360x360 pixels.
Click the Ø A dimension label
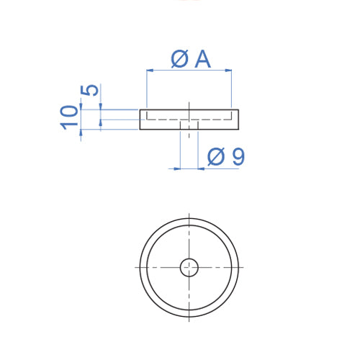pyautogui.click(x=191, y=58)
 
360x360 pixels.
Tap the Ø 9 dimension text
pyautogui.click(x=225, y=156)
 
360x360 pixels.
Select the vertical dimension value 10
pyautogui.click(x=70, y=116)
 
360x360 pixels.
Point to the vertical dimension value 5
pyautogui.click(x=90, y=91)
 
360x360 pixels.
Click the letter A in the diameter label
pyautogui.click(x=203, y=58)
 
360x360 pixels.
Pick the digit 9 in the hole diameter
pyautogui.click(x=238, y=156)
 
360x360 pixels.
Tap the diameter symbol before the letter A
pyautogui.click(x=180, y=58)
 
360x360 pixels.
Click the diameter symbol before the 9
pyautogui.click(x=215, y=156)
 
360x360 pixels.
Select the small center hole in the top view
pyautogui.click(x=189, y=267)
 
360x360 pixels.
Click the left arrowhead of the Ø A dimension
pyautogui.click(x=150, y=71)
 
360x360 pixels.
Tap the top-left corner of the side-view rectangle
pyautogui.click(x=139, y=109)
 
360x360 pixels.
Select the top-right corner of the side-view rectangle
pyautogui.click(x=239, y=109)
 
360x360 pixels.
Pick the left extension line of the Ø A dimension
pyautogui.click(x=146, y=90)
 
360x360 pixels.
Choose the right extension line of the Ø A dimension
pyautogui.click(x=231, y=90)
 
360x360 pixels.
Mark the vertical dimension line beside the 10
pyautogui.click(x=81, y=119)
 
